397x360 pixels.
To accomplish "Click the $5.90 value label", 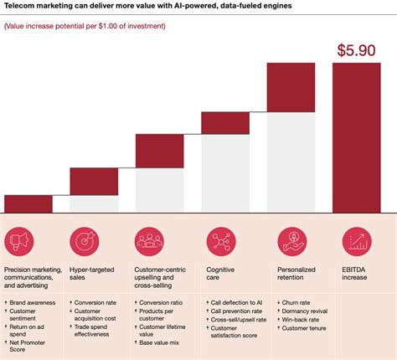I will click(x=358, y=49).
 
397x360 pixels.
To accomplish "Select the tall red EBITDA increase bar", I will click(x=358, y=137).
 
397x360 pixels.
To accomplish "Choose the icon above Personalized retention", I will click(x=290, y=243).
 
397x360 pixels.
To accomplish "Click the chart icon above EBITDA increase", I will click(x=358, y=243).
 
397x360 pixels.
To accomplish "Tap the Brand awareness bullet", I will click(x=33, y=301).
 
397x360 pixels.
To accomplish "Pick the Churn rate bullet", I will click(x=302, y=301).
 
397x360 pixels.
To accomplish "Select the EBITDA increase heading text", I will click(x=356, y=275).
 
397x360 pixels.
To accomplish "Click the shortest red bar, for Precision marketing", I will click(x=28, y=203).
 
